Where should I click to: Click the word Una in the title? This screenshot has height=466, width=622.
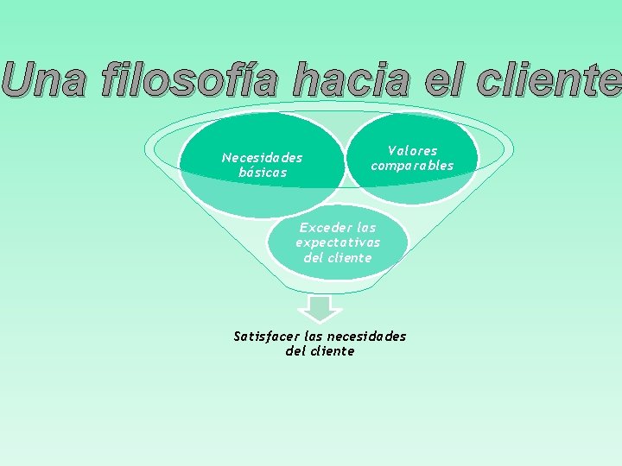[x=43, y=80]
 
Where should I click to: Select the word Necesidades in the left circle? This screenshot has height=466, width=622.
[x=262, y=158]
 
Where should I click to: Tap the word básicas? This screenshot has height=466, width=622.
[x=263, y=173]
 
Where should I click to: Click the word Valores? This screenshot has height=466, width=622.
[x=412, y=151]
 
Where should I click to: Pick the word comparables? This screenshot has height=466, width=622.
[x=412, y=166]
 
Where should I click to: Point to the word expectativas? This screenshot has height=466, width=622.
[x=338, y=242]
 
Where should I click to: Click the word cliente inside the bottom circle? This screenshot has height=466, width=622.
[x=350, y=257]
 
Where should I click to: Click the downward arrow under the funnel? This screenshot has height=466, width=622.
[x=320, y=308]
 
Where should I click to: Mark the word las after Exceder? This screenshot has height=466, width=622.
[x=365, y=228]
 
